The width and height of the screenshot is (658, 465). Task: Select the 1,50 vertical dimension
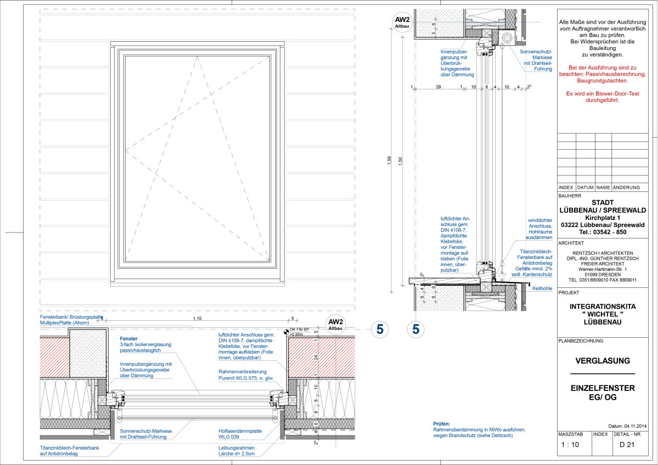point(401,160)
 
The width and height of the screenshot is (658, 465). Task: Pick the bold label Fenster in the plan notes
point(128,339)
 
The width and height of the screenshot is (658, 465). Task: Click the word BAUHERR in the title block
point(569,195)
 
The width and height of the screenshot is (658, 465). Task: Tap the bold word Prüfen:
point(441,424)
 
